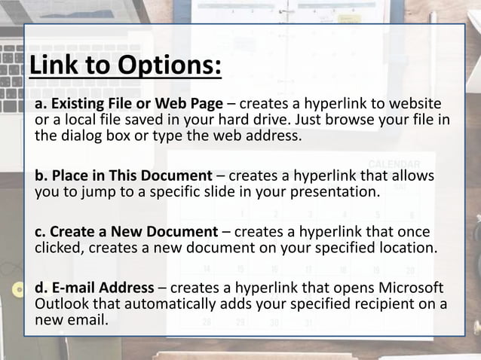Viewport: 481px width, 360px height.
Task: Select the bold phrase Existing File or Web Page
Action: (136, 104)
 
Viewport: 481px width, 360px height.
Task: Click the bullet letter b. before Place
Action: (42, 177)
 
